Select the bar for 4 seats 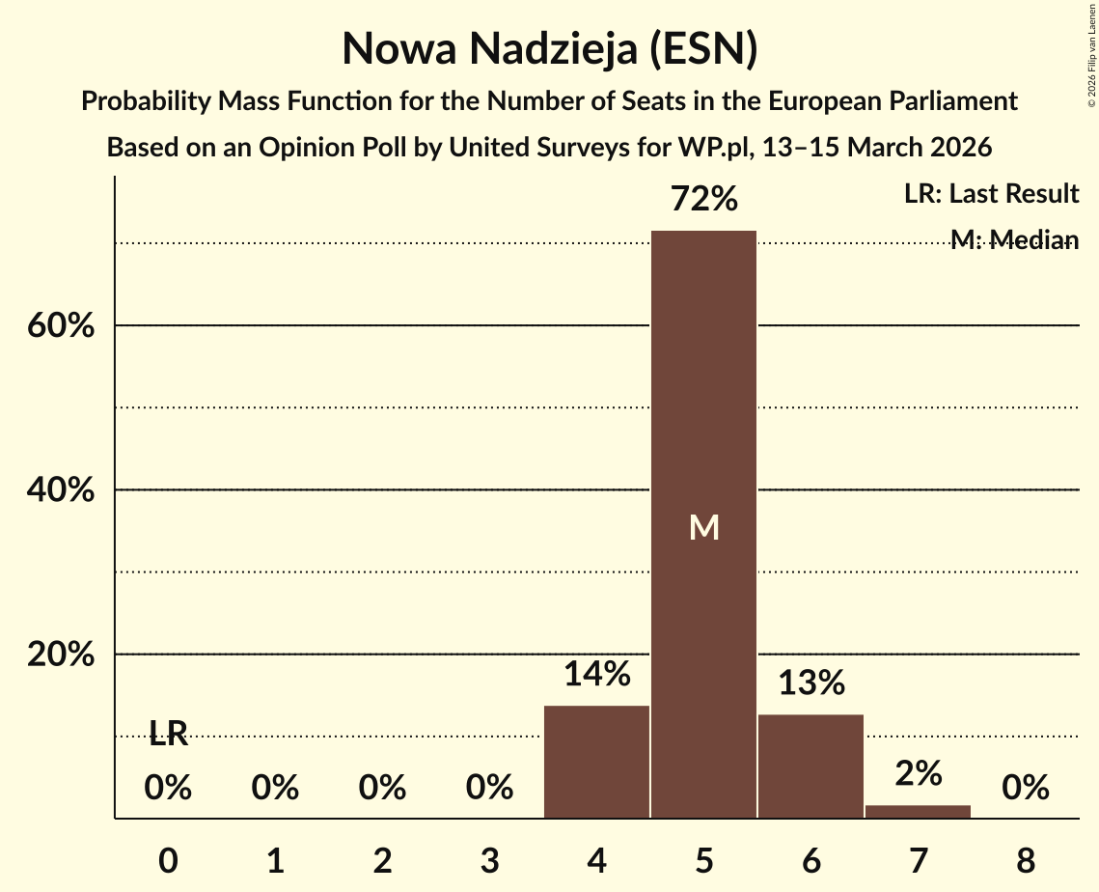[596, 762]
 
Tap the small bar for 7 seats [918, 811]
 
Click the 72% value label [704, 200]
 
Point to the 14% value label [597, 674]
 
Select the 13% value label [811, 683]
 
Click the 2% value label [918, 772]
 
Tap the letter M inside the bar [704, 527]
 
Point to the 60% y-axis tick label [61, 326]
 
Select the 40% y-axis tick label [61, 490]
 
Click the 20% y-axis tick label [61, 655]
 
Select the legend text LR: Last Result [991, 194]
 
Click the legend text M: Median [1013, 239]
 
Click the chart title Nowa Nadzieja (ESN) [549, 48]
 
